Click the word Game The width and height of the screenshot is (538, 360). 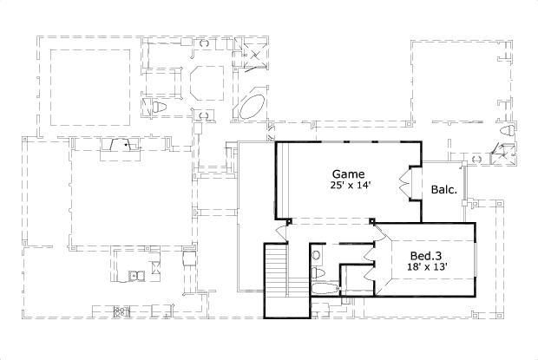click(x=346, y=173)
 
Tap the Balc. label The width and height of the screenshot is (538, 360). click(x=442, y=188)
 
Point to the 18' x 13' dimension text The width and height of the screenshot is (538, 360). click(x=429, y=268)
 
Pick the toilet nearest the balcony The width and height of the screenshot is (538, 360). click(x=506, y=132)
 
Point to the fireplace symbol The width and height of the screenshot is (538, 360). click(x=119, y=145)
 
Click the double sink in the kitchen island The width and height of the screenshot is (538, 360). click(x=136, y=277)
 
